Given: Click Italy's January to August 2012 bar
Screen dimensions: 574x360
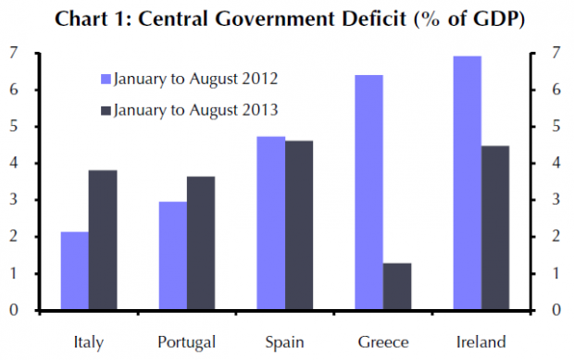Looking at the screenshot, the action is (75, 270).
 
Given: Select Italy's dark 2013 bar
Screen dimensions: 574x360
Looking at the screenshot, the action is (103, 240).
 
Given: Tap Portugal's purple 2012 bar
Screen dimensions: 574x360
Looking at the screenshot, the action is (173, 255).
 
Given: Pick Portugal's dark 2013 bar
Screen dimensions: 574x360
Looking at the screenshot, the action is (201, 242).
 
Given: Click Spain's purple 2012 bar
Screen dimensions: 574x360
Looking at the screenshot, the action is (271, 223).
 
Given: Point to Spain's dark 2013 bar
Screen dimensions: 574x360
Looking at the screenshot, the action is (299, 225).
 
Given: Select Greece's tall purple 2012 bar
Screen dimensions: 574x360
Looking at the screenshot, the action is (369, 192).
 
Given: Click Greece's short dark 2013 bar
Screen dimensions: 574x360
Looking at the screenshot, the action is (397, 286).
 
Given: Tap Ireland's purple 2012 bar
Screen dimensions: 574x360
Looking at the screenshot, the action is (468, 183).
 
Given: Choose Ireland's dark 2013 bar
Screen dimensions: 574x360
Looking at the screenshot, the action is (495, 228).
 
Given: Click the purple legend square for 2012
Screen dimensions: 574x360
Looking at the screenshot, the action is (106, 80).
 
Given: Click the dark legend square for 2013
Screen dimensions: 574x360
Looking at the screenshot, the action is (106, 111).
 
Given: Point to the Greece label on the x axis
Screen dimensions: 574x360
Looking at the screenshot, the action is (383, 342).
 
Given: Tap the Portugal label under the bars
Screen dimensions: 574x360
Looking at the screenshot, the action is (187, 342).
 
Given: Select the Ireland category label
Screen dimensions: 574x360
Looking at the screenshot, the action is (481, 342).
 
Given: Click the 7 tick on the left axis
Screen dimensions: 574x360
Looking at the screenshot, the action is (14, 54).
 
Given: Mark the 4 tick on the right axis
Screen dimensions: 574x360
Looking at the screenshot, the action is (556, 163).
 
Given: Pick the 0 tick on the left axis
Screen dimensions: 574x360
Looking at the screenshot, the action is (14, 310).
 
